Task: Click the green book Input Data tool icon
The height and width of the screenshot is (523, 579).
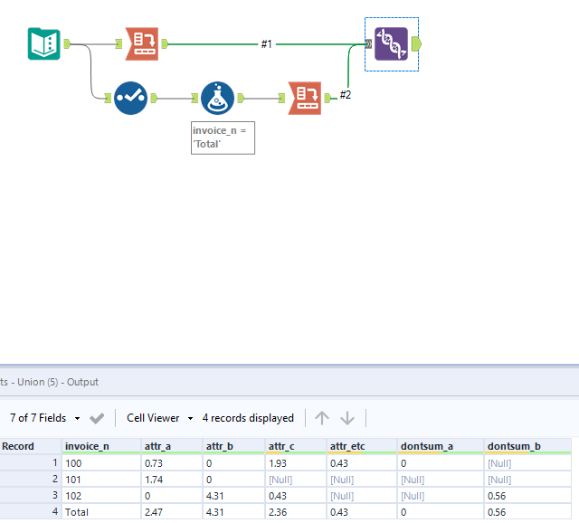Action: click(x=43, y=43)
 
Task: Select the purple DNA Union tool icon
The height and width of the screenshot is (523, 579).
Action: click(x=392, y=43)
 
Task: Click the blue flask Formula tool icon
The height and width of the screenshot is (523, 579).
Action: click(x=218, y=98)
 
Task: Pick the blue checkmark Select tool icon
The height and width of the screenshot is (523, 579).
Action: click(x=131, y=98)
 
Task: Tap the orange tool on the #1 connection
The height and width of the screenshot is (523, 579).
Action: click(x=141, y=43)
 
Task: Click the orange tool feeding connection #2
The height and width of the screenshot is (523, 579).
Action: click(x=305, y=98)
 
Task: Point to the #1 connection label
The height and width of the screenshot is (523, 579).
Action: click(x=267, y=43)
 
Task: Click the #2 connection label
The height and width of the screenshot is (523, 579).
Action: click(x=346, y=94)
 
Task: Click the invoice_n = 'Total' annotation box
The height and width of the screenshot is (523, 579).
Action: click(x=223, y=138)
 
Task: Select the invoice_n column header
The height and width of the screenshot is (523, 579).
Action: click(x=88, y=446)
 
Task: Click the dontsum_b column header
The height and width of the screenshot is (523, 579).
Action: click(x=514, y=446)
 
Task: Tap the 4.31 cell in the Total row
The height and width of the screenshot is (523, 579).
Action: click(x=217, y=512)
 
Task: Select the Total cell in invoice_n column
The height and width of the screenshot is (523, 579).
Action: click(x=78, y=512)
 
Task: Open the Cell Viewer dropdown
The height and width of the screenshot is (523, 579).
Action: click(x=160, y=418)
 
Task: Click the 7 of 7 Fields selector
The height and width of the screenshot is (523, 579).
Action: click(x=44, y=418)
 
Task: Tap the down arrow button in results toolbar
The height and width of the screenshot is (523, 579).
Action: click(x=347, y=418)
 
